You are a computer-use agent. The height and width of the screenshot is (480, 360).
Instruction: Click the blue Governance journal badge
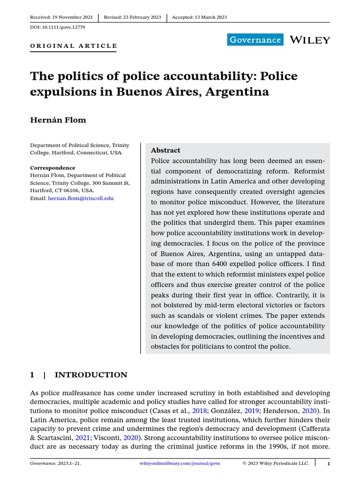click(x=255, y=40)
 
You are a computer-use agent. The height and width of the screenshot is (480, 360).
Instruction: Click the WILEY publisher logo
click(x=310, y=40)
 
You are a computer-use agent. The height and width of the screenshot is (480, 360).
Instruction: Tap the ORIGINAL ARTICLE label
click(x=74, y=46)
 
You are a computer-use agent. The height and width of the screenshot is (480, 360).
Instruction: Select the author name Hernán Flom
click(x=58, y=120)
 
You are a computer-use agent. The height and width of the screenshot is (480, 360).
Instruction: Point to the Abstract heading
click(x=165, y=150)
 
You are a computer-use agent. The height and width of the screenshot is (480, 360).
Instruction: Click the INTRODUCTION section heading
click(x=90, y=375)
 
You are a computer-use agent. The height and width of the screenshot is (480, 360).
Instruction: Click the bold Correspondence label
click(x=52, y=168)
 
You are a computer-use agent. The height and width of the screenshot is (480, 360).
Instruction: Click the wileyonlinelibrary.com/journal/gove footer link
click(x=180, y=464)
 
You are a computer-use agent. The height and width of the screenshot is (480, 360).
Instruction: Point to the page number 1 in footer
click(x=329, y=464)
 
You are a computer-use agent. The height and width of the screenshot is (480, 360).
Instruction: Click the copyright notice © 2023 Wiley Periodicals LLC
click(x=276, y=464)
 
